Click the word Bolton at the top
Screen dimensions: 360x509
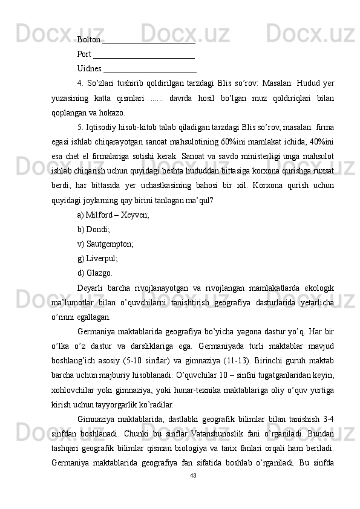point(89,40)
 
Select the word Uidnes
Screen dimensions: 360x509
point(90,68)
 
